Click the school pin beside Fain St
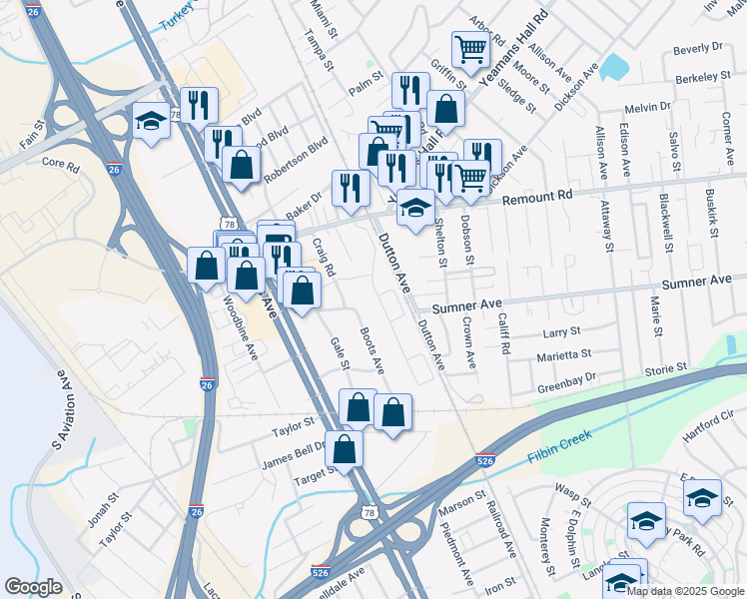151,121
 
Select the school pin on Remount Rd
415,208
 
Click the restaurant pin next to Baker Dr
350,187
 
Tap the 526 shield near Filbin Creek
485,461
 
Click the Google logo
33,588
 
